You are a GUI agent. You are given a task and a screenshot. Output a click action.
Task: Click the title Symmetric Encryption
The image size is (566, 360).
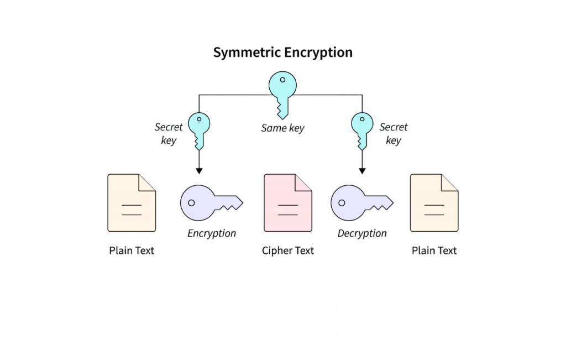click(x=282, y=53)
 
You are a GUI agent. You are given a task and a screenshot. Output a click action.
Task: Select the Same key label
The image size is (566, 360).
click(x=282, y=128)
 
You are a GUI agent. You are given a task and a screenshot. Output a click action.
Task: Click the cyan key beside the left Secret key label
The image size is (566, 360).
click(x=199, y=129)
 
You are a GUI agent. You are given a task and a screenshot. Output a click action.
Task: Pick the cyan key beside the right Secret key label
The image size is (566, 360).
click(x=362, y=129)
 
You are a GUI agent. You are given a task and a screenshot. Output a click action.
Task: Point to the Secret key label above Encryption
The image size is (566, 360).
click(x=168, y=133)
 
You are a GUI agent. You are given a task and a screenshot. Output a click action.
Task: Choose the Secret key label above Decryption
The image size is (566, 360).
click(x=393, y=133)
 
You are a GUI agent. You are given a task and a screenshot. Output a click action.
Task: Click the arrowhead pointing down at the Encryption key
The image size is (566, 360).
click(x=199, y=170)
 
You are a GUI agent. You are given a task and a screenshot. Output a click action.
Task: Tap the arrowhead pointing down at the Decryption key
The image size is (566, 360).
click(x=362, y=170)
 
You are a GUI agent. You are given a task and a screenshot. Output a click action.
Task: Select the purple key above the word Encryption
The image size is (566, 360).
click(x=211, y=202)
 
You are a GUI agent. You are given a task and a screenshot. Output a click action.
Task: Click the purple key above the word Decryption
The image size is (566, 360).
click(x=361, y=202)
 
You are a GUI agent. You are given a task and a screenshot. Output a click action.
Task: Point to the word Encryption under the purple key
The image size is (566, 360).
click(x=212, y=233)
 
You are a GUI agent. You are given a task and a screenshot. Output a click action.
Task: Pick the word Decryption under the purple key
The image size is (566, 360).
click(x=362, y=233)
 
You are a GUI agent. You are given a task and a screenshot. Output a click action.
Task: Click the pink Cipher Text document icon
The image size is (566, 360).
click(x=287, y=203)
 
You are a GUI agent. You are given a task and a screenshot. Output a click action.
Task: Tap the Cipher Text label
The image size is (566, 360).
click(x=287, y=251)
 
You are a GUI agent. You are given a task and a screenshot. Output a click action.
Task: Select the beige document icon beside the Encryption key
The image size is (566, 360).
click(x=132, y=203)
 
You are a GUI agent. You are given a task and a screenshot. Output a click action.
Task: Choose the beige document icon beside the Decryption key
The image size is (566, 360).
click(x=434, y=203)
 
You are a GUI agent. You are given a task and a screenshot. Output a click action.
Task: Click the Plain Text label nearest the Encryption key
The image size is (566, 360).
click(x=132, y=251)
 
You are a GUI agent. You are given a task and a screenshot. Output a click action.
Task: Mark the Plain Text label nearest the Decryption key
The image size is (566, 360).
click(x=434, y=251)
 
